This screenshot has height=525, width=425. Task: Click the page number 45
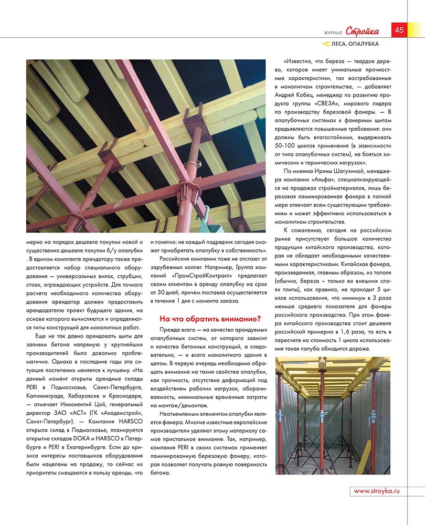(x=399, y=29)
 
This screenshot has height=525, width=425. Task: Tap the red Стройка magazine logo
(x=363, y=31)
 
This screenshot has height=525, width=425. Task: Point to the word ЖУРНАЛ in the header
(x=332, y=33)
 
